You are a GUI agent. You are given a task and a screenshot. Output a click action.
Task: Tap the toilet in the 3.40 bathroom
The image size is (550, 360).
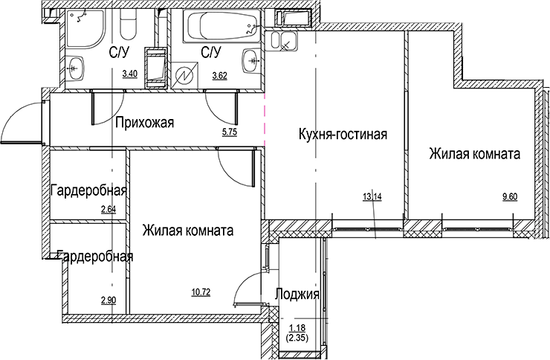tap(126, 28)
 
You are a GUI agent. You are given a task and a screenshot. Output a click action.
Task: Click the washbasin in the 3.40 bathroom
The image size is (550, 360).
tap(75, 68)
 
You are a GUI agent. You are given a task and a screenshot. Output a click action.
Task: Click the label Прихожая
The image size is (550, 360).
tap(144, 123)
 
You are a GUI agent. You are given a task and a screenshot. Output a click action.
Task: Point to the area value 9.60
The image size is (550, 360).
tap(511, 197)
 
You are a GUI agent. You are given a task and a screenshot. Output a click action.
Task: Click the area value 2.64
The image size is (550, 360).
tap(109, 209)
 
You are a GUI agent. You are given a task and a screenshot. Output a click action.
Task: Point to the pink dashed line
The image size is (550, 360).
tap(265, 119)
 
